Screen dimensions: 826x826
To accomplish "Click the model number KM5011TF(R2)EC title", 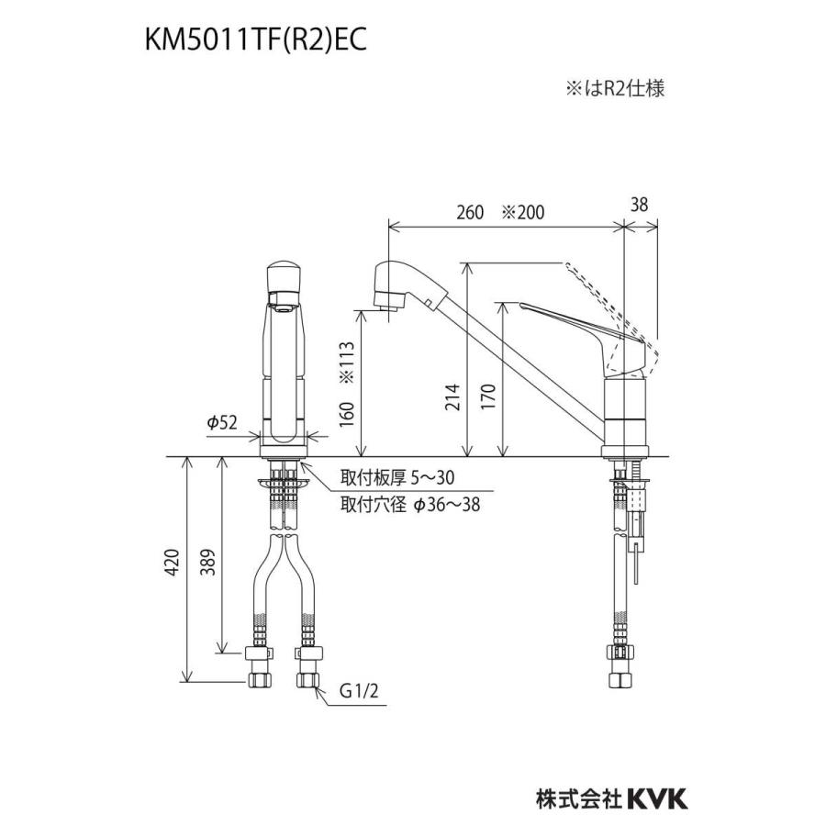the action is (x=255, y=40).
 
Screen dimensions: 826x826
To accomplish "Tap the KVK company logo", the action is (x=657, y=799).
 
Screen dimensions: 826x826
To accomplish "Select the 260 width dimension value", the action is (x=470, y=212).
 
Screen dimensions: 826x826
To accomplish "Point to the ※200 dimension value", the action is (x=522, y=212).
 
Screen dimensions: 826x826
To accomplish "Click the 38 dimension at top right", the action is (x=639, y=205).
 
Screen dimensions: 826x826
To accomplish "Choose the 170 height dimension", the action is (x=488, y=397).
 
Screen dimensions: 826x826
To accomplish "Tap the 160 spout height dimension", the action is (x=347, y=414).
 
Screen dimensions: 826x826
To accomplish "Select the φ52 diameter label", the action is (x=222, y=422).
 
